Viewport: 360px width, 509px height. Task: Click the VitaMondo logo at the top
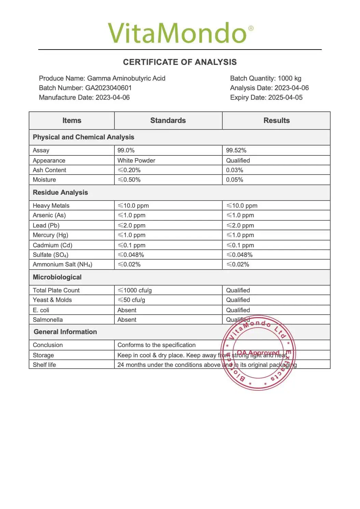click(180, 33)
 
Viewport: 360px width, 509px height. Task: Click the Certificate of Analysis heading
click(180, 62)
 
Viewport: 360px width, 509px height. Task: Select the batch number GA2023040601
click(108, 88)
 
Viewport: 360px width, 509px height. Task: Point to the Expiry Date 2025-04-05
click(285, 97)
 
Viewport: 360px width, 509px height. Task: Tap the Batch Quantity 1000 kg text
click(266, 78)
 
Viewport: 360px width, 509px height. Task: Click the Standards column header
click(168, 121)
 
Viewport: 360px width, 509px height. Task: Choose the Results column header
click(276, 121)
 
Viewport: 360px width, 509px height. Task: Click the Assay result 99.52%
click(236, 150)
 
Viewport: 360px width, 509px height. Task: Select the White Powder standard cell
click(136, 161)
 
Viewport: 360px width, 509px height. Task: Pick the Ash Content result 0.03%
click(235, 170)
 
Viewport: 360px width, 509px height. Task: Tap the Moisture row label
click(44, 180)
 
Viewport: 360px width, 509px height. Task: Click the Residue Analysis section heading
click(60, 192)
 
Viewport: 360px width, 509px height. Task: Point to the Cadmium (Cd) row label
click(53, 245)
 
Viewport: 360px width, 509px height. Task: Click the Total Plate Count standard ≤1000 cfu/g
click(135, 290)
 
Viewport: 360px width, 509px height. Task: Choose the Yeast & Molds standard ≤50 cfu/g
click(131, 300)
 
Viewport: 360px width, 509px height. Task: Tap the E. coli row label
click(41, 310)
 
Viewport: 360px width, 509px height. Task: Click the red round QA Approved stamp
click(259, 353)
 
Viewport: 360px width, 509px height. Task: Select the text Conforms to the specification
click(156, 345)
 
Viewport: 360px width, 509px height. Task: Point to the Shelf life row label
click(44, 365)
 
